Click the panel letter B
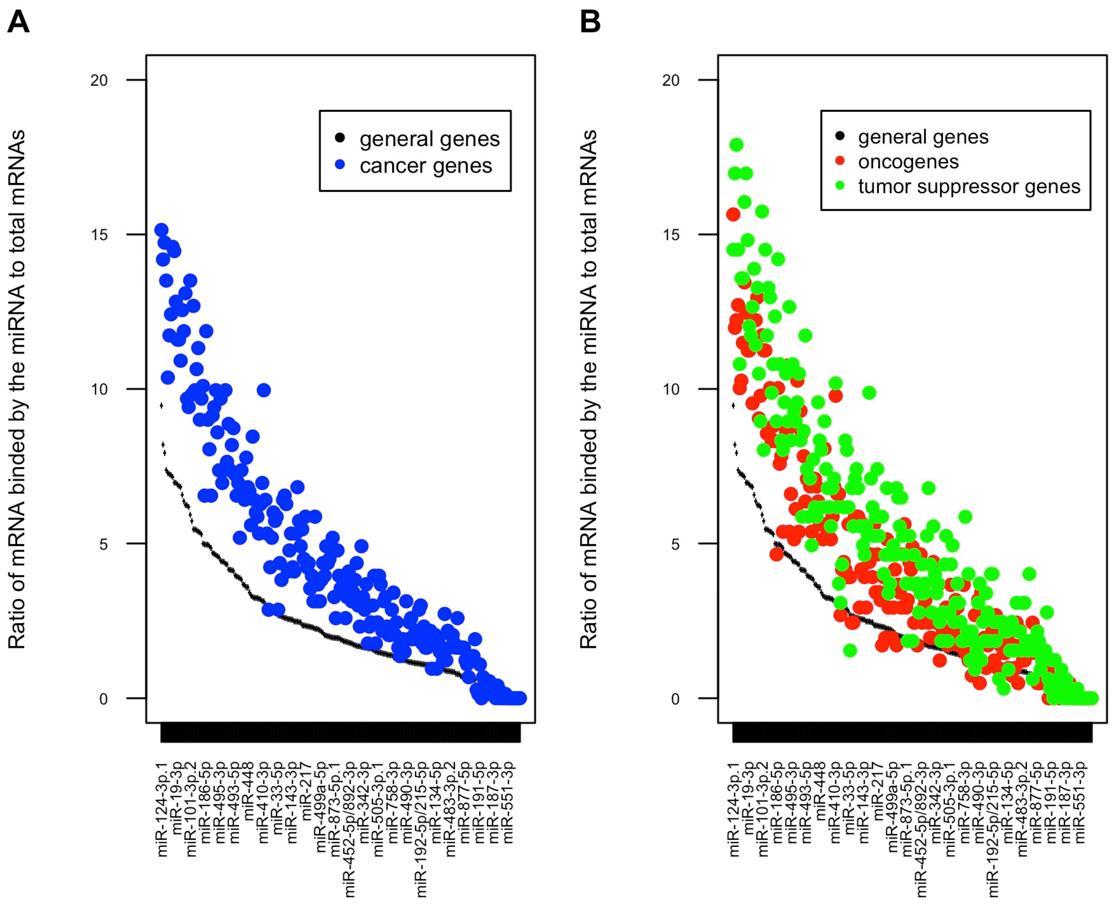click(x=590, y=22)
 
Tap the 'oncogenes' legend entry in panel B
click(x=908, y=162)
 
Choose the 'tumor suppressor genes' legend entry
click(x=969, y=186)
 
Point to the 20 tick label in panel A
click(x=99, y=80)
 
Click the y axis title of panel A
click(x=17, y=389)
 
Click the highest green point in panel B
click(x=736, y=145)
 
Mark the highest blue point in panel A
click(x=161, y=230)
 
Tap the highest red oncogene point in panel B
click(x=733, y=214)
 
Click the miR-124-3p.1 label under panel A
click(x=163, y=809)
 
